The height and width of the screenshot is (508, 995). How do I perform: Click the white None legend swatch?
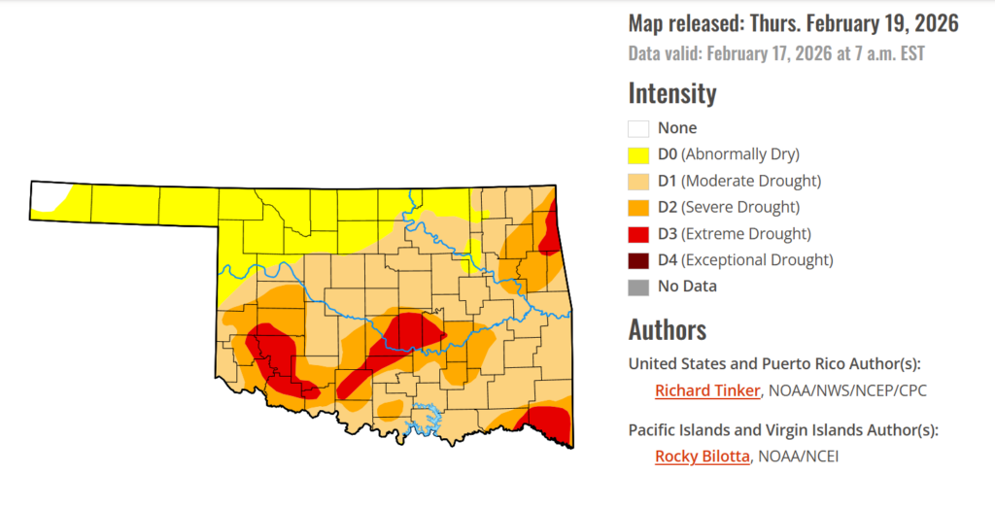638,128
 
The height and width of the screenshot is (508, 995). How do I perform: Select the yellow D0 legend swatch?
638,154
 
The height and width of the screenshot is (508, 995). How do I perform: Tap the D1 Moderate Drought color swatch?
638,181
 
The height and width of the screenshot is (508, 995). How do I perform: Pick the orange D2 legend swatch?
638,207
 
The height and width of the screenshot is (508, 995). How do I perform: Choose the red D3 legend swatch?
638,233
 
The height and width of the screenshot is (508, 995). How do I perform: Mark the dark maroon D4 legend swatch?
638,260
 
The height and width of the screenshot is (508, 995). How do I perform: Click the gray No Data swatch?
638,287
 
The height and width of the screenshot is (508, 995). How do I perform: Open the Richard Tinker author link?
707,391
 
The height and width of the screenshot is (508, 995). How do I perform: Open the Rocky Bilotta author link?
702,456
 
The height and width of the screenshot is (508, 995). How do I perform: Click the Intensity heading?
672,93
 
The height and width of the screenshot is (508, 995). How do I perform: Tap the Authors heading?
667,328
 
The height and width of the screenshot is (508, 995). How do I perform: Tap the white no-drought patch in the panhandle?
47,196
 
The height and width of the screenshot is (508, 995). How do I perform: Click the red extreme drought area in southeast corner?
550,423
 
